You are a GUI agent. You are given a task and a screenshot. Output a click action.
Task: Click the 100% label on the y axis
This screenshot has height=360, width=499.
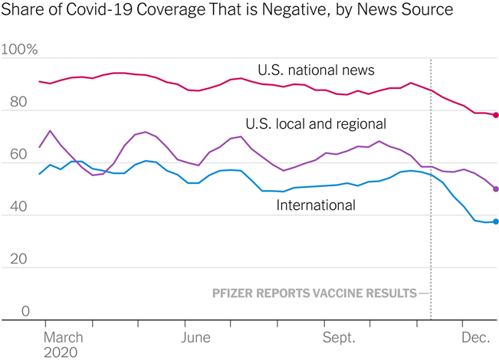pos(21,50)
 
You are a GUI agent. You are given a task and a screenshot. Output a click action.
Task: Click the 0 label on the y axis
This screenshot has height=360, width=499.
pos(25,312)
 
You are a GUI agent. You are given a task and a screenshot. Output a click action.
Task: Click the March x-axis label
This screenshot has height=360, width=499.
pos(63,337)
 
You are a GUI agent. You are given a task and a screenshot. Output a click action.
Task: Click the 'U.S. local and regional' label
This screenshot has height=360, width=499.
pos(316,123)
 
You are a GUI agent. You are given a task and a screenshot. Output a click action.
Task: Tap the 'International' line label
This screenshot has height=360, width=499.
pos(316,205)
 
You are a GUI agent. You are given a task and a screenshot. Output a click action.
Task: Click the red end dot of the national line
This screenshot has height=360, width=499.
pos(496,115)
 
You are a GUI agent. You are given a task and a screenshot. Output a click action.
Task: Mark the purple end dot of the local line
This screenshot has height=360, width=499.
pos(496,188)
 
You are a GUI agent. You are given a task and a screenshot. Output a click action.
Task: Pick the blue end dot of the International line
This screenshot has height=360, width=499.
pos(496,222)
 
